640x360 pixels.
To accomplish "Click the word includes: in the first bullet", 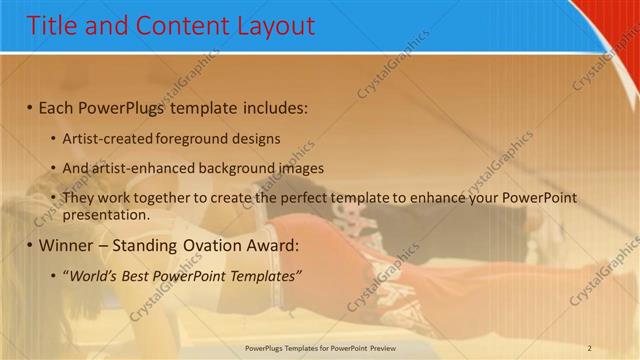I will tap(271, 106).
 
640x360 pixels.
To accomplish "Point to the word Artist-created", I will tap(106, 139).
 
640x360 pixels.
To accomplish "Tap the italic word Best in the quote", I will tap(137, 275).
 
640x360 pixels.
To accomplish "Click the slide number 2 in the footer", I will tap(589, 348).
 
